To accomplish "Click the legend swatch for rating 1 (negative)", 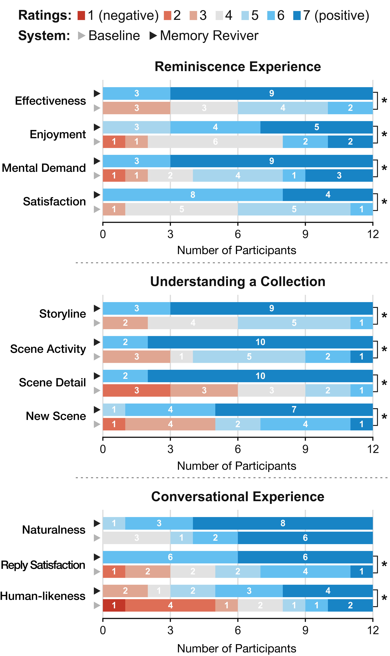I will point(81,16).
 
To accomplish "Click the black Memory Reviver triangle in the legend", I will point(153,36).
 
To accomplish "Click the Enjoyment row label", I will point(58,134).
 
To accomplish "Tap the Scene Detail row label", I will point(52,383).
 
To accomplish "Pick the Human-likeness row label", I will point(43,596).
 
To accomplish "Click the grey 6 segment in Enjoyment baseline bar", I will point(215,142).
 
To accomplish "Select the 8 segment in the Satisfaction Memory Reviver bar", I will point(193,195).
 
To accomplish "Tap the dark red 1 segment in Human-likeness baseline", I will point(114,605).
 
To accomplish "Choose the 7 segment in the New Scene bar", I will point(294,410).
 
